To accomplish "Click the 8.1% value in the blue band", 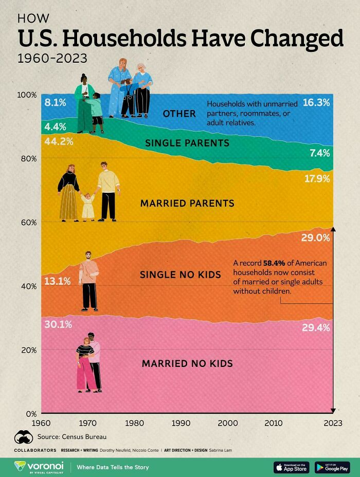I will coord(56,102).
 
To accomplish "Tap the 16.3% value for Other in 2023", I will coord(316,102).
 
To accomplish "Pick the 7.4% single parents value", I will coord(319,153).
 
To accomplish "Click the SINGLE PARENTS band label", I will coord(187,142).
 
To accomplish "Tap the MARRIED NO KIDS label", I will coord(187,363).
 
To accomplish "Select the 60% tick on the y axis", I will coord(28,222).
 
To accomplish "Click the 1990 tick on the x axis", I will coord(181,423).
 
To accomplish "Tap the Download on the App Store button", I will coord(292,467).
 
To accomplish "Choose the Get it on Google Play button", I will coord(332,467).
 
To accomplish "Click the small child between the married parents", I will coord(87,207).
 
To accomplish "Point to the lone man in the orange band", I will coord(88,281).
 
